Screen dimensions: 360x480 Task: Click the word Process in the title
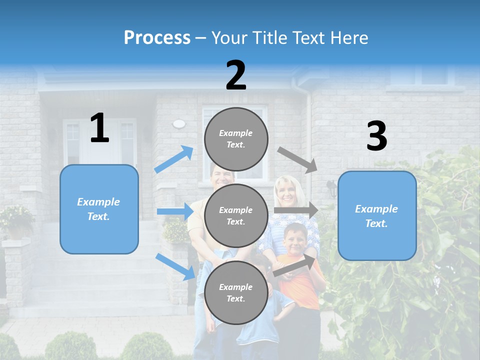157,37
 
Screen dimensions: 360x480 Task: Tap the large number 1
99,128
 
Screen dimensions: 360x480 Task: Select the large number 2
236,75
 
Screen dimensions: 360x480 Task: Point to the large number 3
376,136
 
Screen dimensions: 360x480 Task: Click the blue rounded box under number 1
99,209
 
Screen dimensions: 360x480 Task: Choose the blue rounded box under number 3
377,215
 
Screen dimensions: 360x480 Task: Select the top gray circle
236,139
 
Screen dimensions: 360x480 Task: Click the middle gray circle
236,216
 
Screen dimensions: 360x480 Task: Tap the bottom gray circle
236,293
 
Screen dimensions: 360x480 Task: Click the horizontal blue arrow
174,211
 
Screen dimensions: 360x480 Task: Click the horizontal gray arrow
296,210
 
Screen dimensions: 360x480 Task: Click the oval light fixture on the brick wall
178,123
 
